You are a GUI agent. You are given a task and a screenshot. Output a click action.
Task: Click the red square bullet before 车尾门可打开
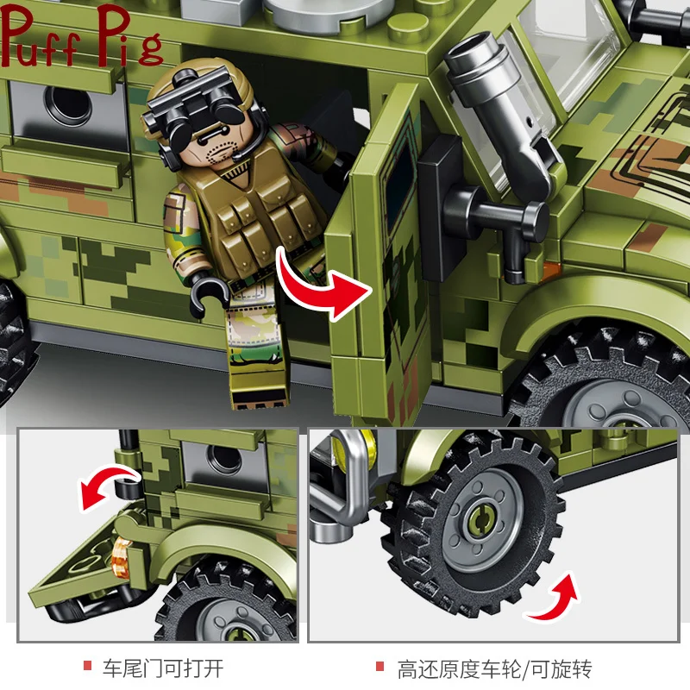point(87,668)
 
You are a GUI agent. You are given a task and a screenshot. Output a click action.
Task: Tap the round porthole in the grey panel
point(67,104)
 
